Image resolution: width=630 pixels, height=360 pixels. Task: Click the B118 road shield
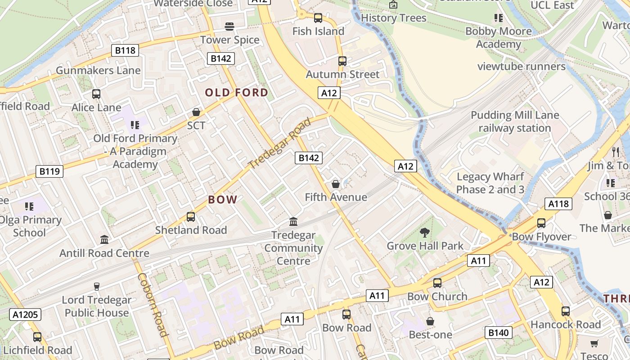pos(125,50)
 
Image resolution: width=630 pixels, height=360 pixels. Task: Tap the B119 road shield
pos(49,171)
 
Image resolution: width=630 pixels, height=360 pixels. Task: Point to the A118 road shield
pos(558,204)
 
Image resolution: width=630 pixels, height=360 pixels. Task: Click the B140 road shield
pos(499,333)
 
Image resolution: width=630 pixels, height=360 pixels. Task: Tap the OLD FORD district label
pos(237,93)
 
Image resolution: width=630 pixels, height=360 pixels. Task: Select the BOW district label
pos(222,200)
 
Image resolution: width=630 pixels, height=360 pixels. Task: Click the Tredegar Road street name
pos(279,143)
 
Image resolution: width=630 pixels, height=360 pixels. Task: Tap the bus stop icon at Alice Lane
pos(96,94)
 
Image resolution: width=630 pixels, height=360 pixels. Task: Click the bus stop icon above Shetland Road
pos(191,217)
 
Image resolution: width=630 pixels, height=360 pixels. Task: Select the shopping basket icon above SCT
pos(196,112)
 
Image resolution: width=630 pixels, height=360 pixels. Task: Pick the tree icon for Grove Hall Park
pos(424,233)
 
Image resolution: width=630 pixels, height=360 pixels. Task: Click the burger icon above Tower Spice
pos(229,27)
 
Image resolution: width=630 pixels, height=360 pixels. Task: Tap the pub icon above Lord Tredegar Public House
pos(96,287)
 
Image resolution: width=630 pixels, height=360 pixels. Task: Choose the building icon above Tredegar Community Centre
pos(293,222)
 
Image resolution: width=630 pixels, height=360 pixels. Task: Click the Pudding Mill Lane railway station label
pos(515,121)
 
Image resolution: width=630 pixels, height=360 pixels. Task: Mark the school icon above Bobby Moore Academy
pos(498,18)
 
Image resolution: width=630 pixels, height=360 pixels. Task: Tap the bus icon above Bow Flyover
pos(541,223)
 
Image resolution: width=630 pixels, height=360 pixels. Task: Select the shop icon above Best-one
pos(430,321)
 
